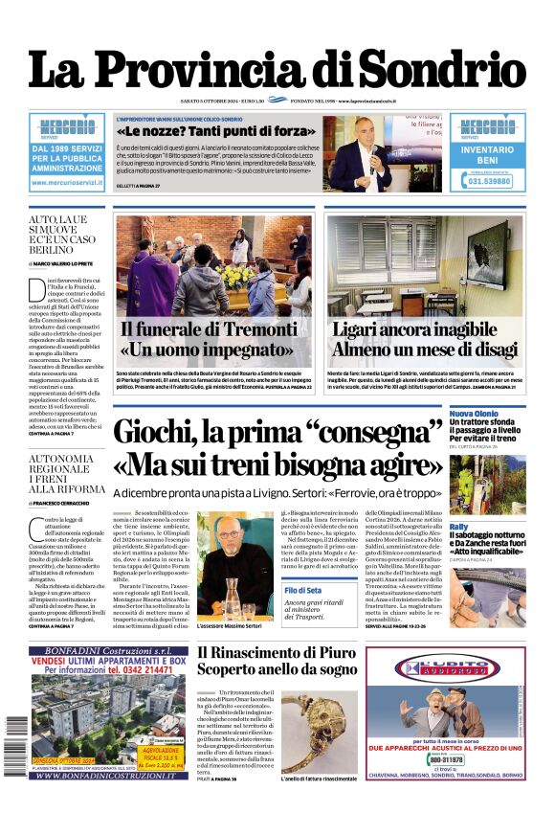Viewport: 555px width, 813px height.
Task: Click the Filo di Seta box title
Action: (x=302, y=590)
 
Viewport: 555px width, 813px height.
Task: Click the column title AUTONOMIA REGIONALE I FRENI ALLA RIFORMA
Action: (x=60, y=475)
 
